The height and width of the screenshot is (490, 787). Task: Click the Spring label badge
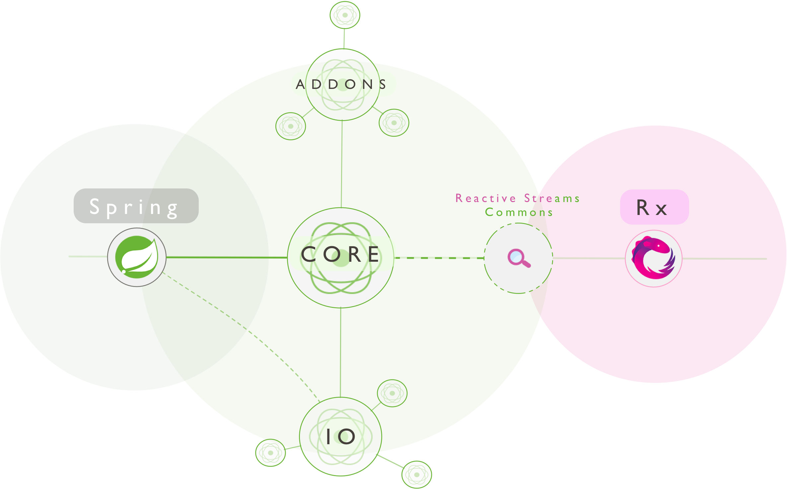click(136, 206)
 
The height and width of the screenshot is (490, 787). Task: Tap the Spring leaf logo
click(137, 257)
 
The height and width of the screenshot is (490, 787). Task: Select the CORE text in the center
click(340, 255)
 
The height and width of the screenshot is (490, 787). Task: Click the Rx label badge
click(654, 207)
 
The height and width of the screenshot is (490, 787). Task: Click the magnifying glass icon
click(519, 258)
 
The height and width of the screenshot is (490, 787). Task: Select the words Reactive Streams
click(518, 198)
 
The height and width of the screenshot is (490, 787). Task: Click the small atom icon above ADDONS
click(345, 15)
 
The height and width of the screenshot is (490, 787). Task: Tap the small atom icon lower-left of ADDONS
click(291, 126)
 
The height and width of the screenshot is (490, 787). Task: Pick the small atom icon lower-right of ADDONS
click(394, 123)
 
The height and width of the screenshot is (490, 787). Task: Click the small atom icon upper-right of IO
click(392, 393)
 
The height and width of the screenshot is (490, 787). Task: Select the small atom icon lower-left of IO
click(270, 453)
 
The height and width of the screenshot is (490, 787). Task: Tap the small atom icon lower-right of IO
click(417, 474)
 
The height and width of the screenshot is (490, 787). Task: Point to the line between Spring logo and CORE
click(226, 257)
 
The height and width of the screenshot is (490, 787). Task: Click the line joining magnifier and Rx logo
click(589, 258)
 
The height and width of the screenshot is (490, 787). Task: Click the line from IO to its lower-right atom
click(390, 461)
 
